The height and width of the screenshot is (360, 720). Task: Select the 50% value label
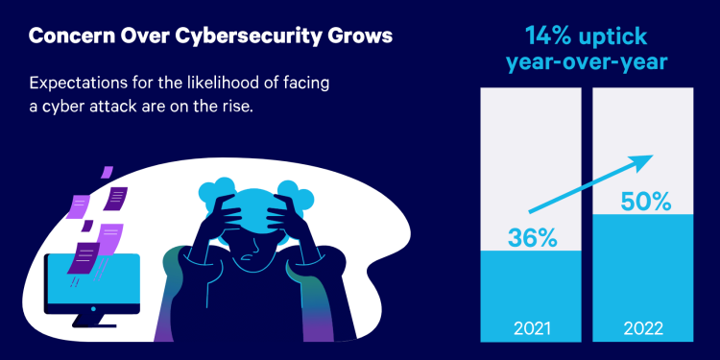[x=639, y=202]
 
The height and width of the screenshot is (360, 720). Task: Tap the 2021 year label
[x=530, y=325]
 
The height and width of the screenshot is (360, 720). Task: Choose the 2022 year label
[x=639, y=325]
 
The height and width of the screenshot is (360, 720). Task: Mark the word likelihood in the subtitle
[x=236, y=84]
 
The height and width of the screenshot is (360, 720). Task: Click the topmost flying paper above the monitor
[x=107, y=172]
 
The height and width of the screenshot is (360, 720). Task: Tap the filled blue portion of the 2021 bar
[x=530, y=288]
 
